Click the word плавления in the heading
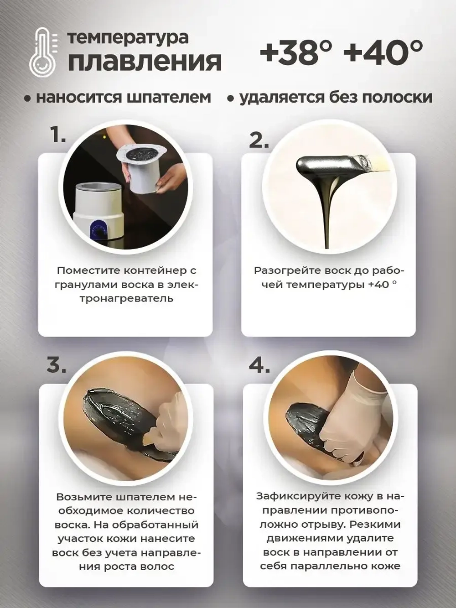tap(145, 62)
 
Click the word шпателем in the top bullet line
tap(170, 98)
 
